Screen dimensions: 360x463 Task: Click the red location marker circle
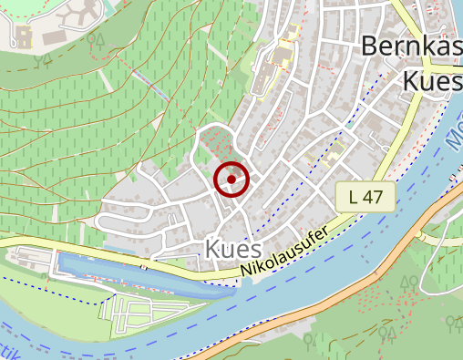click(231, 179)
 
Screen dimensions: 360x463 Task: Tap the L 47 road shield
click(371, 196)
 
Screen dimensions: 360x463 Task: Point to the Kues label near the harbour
click(234, 249)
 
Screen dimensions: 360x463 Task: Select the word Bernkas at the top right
click(411, 46)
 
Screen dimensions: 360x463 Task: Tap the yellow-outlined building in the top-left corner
click(22, 36)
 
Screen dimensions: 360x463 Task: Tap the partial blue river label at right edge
click(455, 137)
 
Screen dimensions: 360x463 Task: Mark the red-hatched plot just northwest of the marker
click(215, 144)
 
